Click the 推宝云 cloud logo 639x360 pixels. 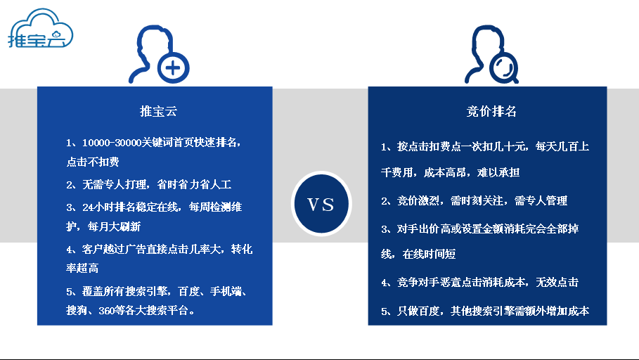point(39,30)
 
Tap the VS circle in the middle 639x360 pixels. point(321,204)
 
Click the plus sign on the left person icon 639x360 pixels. point(174,68)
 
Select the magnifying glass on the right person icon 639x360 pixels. point(501,67)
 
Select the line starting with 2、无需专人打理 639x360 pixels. point(149,184)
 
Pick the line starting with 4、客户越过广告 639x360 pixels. point(159,250)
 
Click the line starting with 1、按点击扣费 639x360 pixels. point(485,147)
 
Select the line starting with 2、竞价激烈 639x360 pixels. point(474,200)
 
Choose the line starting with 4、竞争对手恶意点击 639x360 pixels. point(479,282)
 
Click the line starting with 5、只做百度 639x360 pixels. point(485,310)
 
